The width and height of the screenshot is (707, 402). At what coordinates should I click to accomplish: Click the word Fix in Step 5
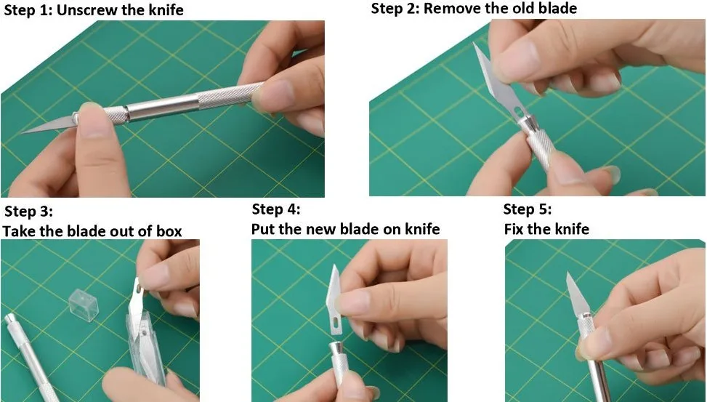[x=515, y=229]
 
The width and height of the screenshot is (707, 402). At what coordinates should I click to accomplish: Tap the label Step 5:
[x=528, y=209]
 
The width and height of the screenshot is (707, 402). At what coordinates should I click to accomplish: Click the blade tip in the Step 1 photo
[x=25, y=132]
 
